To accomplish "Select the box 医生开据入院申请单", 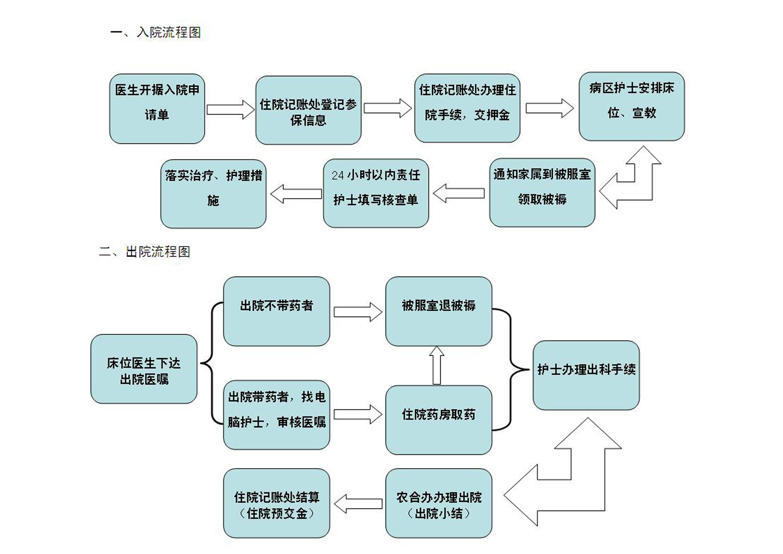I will [x=157, y=109].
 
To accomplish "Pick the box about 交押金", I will [x=467, y=108].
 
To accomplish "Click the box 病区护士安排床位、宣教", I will [x=631, y=106].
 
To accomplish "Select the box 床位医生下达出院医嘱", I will [x=144, y=369].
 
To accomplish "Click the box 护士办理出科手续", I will [x=586, y=375].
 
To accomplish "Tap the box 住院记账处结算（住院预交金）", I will [x=276, y=503].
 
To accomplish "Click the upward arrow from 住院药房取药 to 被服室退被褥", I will [x=437, y=365].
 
